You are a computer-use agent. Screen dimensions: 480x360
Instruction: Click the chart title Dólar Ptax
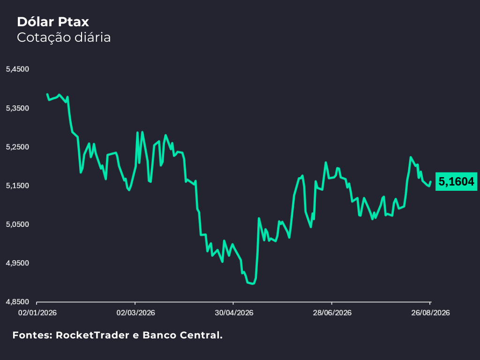53,22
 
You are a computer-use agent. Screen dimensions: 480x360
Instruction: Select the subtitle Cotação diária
64,37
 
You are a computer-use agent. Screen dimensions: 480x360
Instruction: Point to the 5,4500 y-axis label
17,69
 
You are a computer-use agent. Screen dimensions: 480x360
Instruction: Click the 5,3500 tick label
17,108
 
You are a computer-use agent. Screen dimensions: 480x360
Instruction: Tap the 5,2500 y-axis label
17,147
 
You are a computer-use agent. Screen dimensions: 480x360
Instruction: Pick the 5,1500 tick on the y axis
17,186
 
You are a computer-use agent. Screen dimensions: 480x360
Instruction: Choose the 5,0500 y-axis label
17,225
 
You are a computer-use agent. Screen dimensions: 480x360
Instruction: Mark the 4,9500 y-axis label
17,263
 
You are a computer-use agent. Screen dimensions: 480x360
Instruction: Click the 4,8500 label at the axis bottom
17,302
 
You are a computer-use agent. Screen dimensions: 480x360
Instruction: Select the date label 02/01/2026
37,313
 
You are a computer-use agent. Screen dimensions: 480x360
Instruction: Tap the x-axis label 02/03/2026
135,313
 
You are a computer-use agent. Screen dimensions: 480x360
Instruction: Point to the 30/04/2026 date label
234,313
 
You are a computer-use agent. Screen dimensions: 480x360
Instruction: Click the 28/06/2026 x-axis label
332,313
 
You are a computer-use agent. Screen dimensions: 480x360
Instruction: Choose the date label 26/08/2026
430,313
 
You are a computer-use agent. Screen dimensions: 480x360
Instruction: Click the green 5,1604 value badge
456,181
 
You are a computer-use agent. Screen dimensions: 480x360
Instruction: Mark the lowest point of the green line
252,284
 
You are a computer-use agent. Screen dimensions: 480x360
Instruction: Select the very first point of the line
47,94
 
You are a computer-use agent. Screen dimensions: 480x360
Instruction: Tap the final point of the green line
430,181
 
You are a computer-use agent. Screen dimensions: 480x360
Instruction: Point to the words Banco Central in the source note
182,335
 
